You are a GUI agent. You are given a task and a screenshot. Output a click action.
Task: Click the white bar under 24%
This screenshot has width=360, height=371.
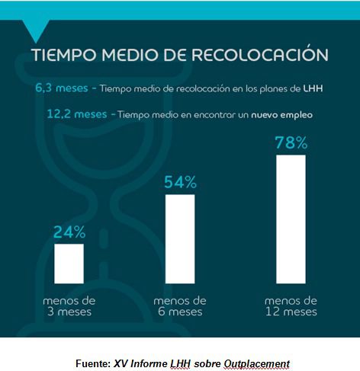pyautogui.click(x=69, y=264)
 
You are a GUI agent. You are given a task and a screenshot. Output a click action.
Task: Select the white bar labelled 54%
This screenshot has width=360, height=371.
pyautogui.click(x=180, y=239)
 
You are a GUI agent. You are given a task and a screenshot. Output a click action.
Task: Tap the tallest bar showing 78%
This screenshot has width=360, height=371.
pyautogui.click(x=291, y=219)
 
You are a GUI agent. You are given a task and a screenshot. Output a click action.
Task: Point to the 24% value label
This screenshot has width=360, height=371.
pyautogui.click(x=69, y=232)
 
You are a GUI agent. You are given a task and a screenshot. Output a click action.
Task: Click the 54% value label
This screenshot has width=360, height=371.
pyautogui.click(x=180, y=182)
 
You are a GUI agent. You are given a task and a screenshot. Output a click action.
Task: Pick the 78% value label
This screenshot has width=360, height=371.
pyautogui.click(x=291, y=142)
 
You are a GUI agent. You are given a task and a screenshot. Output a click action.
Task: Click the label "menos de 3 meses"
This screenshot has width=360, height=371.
pyautogui.click(x=69, y=306)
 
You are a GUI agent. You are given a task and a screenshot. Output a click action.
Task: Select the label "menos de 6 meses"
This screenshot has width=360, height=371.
pyautogui.click(x=180, y=306)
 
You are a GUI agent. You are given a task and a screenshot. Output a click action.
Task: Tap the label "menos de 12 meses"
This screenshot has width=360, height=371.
pyautogui.click(x=291, y=306)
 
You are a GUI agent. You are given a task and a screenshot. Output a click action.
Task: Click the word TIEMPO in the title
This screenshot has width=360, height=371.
pyautogui.click(x=64, y=55)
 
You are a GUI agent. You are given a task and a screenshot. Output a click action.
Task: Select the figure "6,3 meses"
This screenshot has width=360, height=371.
pyautogui.click(x=62, y=88)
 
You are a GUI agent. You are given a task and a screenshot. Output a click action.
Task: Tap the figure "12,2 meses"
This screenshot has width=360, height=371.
pyautogui.click(x=77, y=114)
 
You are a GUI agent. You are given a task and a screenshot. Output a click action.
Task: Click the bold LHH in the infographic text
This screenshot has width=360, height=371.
pyautogui.click(x=313, y=88)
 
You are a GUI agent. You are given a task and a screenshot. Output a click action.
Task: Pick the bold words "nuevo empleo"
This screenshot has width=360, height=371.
pyautogui.click(x=282, y=115)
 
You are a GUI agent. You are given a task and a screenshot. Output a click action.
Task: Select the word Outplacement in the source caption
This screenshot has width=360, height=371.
pyautogui.click(x=256, y=364)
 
